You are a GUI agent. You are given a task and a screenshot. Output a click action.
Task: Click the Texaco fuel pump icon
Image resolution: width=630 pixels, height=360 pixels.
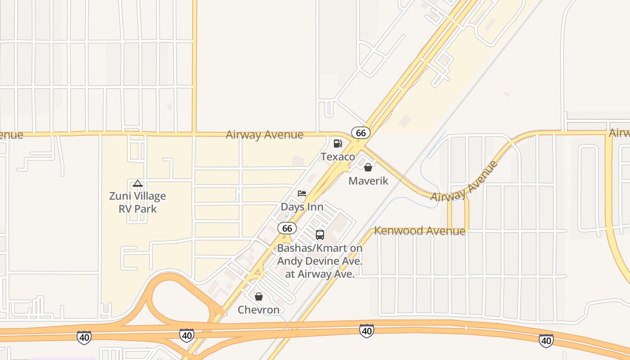click(337, 144)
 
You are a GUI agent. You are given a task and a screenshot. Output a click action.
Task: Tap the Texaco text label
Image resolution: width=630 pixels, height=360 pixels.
click(337, 157)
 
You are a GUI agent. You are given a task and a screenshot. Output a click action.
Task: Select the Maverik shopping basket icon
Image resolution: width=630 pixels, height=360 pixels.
click(368, 167)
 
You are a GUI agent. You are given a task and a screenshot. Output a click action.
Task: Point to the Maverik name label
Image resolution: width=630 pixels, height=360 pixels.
click(368, 181)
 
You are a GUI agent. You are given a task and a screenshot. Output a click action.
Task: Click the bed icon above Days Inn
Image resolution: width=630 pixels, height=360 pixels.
click(302, 193)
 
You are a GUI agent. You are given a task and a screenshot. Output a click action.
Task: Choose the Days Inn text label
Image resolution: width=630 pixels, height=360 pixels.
click(302, 207)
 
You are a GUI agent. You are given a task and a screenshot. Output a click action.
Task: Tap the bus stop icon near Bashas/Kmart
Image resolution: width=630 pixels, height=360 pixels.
click(319, 234)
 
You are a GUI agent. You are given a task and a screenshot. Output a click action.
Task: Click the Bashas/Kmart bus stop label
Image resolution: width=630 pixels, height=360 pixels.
click(319, 261)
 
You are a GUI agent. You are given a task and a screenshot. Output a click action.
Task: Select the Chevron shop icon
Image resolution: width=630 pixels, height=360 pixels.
click(259, 297)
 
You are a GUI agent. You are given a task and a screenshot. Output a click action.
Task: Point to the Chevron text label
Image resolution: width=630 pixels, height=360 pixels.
click(259, 310)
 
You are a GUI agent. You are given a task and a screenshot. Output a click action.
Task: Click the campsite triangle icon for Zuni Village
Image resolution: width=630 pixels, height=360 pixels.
click(138, 183)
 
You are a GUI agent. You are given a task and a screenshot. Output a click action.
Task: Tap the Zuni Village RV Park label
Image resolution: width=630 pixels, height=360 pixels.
click(138, 202)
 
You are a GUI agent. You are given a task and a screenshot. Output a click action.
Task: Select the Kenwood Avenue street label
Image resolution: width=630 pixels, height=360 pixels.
click(420, 231)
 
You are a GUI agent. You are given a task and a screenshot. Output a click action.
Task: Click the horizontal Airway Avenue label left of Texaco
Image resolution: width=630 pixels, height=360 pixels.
click(265, 135)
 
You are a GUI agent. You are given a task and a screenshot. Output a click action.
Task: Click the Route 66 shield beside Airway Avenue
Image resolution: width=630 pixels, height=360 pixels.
click(361, 133)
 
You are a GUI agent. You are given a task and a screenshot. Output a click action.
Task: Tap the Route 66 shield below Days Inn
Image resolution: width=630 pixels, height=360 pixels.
click(287, 228)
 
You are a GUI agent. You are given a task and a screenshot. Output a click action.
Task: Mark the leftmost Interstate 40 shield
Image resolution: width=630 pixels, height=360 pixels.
click(84, 337)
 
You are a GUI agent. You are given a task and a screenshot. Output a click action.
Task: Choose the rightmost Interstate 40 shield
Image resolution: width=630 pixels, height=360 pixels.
click(546, 340)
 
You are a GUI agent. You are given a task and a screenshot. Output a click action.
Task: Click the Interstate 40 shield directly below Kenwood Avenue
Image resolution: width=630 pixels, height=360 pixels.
click(367, 331)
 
